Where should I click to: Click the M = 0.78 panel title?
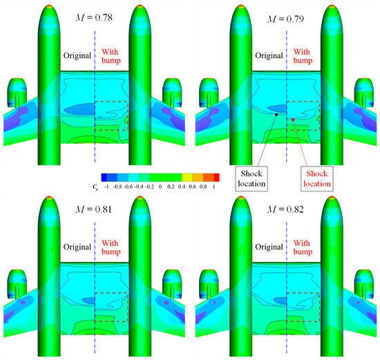94,18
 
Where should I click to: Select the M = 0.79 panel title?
285,19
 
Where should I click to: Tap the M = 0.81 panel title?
94,209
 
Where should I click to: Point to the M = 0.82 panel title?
285,209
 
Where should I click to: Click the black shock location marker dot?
276,115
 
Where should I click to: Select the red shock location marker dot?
293,120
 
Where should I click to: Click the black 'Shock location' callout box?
251,179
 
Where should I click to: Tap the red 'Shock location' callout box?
317,179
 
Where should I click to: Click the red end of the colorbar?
217,178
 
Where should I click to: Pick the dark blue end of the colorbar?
104,178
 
